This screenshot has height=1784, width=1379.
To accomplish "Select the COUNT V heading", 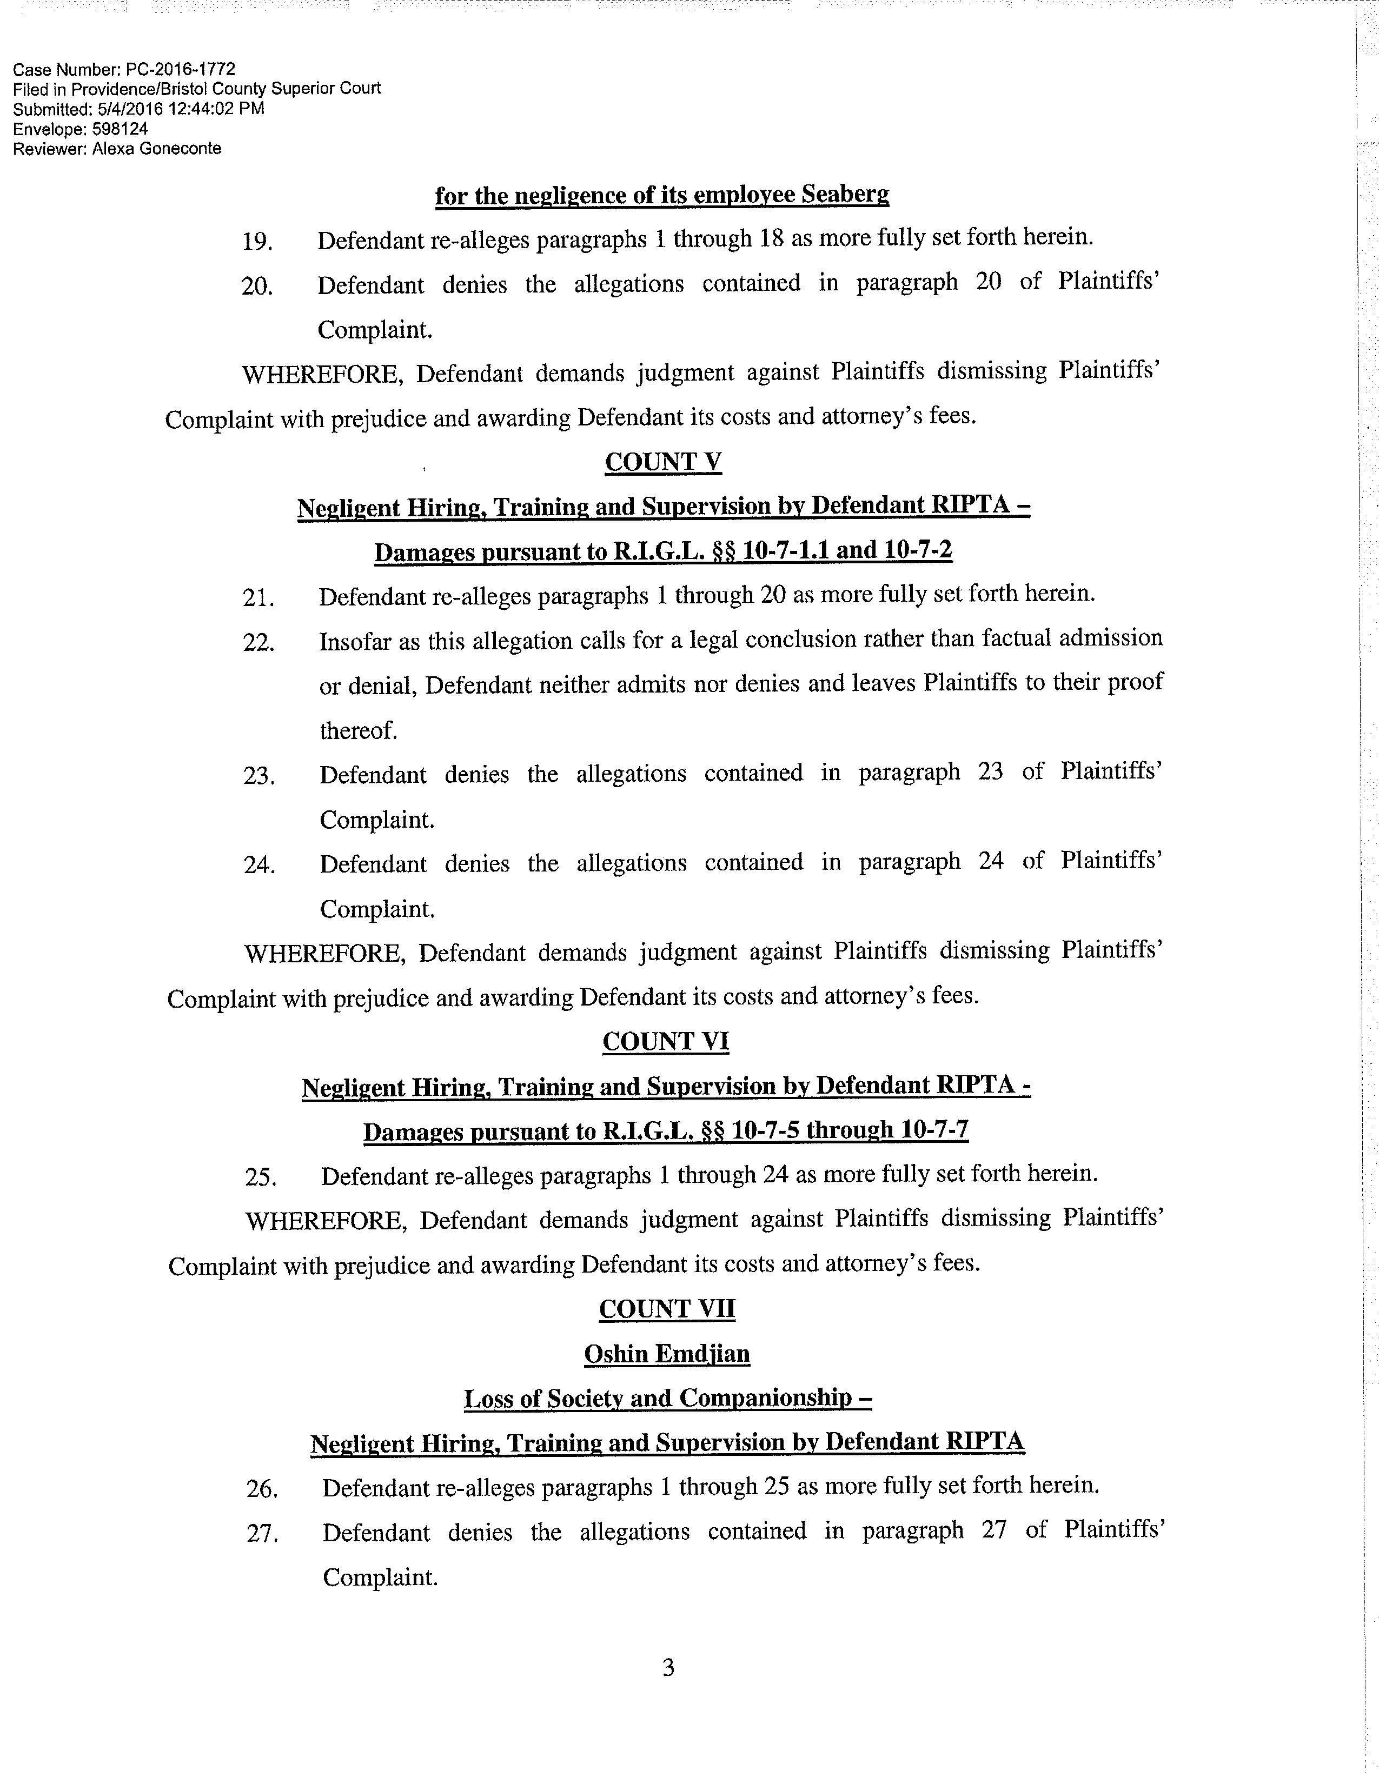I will [x=662, y=462].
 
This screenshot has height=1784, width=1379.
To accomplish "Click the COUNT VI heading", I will [x=665, y=1042].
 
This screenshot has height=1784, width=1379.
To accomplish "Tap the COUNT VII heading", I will [x=667, y=1309].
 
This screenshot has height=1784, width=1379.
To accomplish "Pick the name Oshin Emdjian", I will [x=667, y=1354].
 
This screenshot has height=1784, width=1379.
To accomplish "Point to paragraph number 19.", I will [x=257, y=242].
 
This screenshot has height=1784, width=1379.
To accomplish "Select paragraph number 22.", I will [x=258, y=642].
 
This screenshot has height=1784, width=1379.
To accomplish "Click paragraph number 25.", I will [x=261, y=1177].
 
